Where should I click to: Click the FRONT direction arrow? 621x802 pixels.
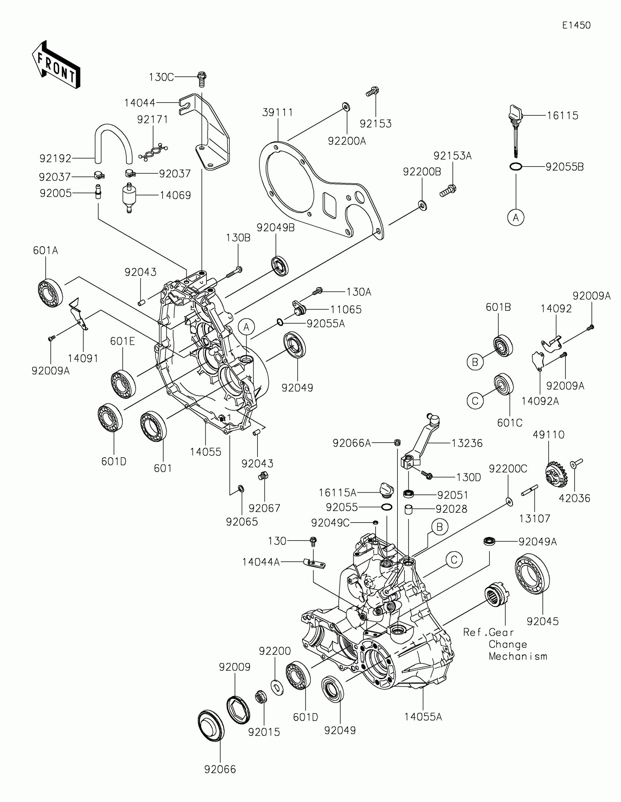pyautogui.click(x=56, y=65)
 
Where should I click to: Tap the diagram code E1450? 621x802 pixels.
pyautogui.click(x=576, y=25)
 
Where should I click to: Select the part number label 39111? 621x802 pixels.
pyautogui.click(x=278, y=112)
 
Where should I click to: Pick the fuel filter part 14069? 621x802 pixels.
pyautogui.click(x=129, y=197)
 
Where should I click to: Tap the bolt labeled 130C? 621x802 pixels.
pyautogui.click(x=201, y=79)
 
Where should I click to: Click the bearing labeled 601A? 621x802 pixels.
pyautogui.click(x=50, y=293)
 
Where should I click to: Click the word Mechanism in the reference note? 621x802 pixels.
pyautogui.click(x=518, y=656)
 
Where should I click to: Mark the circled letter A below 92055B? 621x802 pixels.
pyautogui.click(x=515, y=218)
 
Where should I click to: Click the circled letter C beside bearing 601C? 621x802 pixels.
pyautogui.click(x=475, y=401)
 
